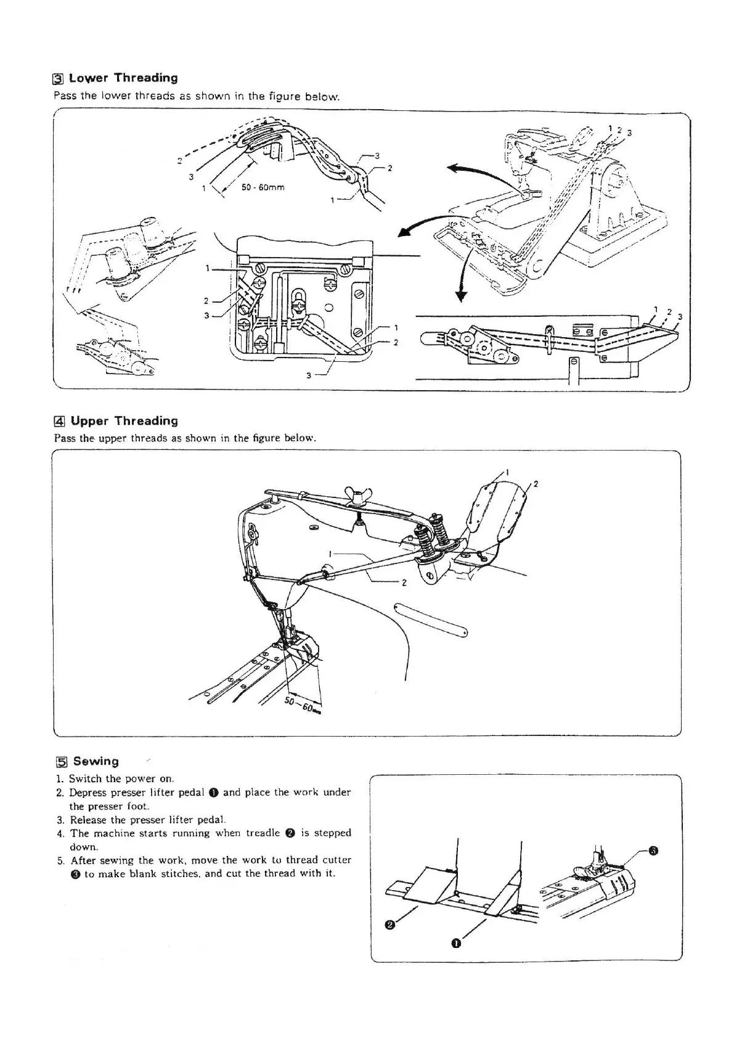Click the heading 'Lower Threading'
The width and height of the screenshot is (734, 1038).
123,78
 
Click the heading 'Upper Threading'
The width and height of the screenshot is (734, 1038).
124,421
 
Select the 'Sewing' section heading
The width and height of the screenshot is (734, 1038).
96,761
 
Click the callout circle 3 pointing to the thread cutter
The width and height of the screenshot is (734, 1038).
654,852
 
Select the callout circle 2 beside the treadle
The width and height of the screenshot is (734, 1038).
389,924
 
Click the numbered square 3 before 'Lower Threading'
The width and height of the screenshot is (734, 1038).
58,79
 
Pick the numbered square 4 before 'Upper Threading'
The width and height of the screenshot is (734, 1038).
59,422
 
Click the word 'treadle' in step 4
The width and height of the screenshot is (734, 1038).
263,833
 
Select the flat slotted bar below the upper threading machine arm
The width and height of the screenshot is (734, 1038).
431,618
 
